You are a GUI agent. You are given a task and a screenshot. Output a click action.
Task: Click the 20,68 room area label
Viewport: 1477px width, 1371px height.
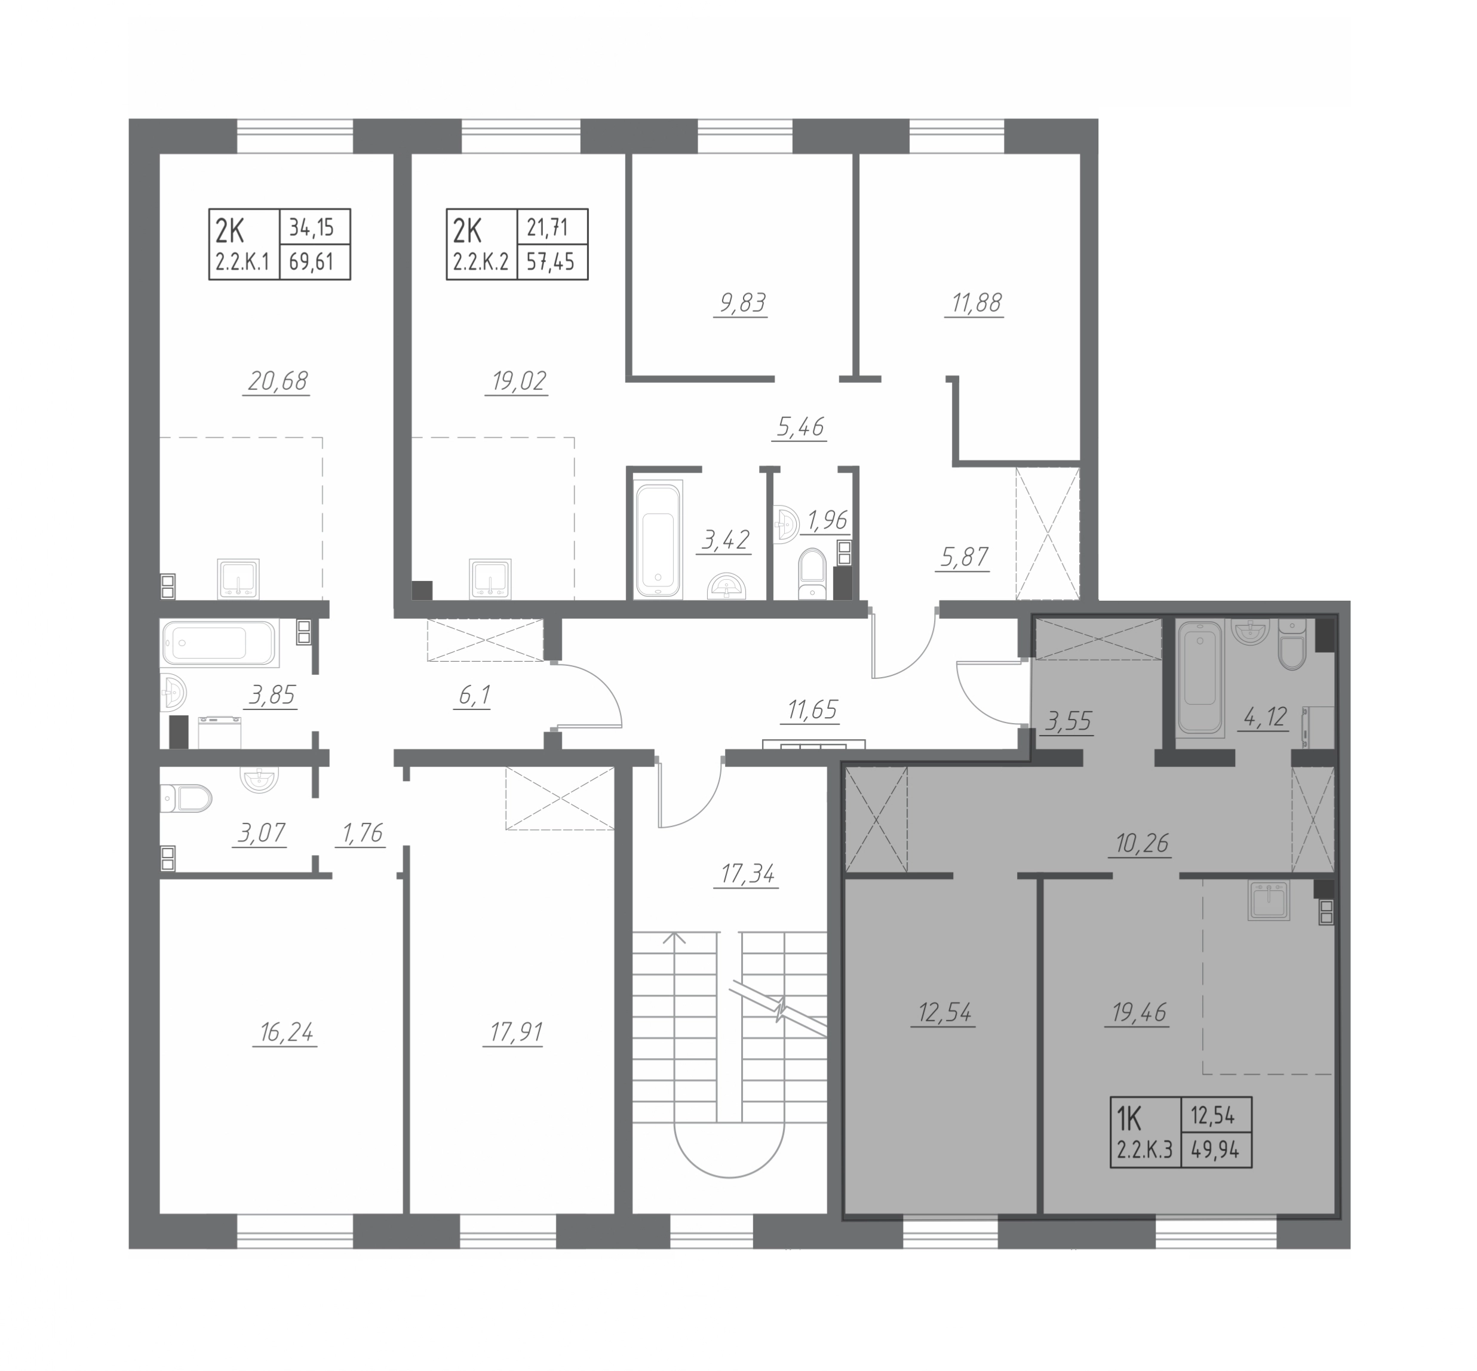pyautogui.click(x=278, y=382)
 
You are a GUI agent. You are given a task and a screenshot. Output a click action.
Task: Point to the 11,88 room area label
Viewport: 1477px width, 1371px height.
pyautogui.click(x=974, y=303)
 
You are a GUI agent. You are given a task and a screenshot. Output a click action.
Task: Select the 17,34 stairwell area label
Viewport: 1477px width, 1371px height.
pyautogui.click(x=747, y=875)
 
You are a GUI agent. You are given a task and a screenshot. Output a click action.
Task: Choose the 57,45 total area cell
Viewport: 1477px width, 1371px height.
pyautogui.click(x=552, y=262)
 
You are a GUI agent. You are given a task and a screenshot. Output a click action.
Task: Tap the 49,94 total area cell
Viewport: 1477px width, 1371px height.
pyautogui.click(x=1216, y=1151)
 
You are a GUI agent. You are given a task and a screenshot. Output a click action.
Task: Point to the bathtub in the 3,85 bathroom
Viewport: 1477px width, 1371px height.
pyautogui.click(x=220, y=643)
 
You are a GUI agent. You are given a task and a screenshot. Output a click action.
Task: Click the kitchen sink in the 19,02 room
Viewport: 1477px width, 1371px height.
pyautogui.click(x=490, y=579)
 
